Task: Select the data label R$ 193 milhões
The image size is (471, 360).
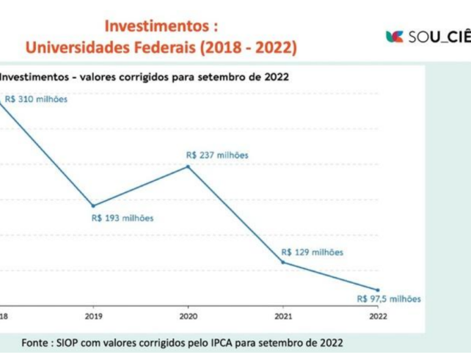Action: (123, 218)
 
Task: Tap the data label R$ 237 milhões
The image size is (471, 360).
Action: (217, 155)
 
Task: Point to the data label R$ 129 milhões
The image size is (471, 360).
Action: (312, 252)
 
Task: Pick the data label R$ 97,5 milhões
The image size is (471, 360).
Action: (389, 298)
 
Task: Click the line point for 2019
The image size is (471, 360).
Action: (93, 205)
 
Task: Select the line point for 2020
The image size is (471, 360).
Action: (188, 166)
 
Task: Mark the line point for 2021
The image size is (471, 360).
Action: (282, 262)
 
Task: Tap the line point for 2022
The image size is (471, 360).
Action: (378, 290)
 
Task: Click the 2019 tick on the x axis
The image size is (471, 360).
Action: (93, 316)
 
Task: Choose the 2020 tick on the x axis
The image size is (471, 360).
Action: (188, 316)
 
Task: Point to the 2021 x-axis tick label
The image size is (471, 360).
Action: (282, 316)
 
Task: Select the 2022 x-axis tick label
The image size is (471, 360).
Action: (378, 316)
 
